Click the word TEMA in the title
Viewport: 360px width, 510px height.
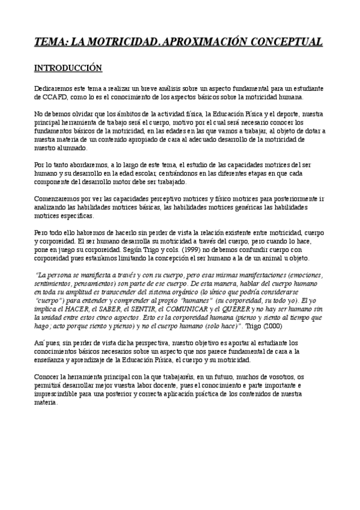coord(49,41)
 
